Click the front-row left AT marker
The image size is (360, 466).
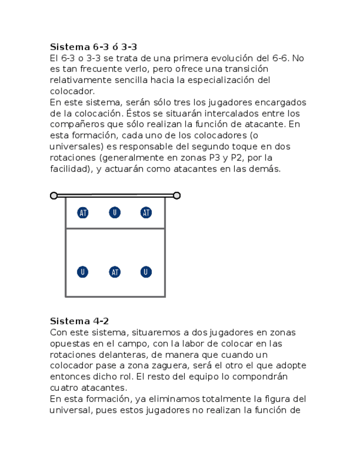pos(83,213)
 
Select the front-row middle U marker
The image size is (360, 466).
pos(114,213)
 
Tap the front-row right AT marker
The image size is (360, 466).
pos(146,213)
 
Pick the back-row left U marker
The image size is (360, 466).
pos(82,272)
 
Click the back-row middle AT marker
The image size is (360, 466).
pos(114,272)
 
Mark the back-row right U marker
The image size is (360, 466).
pos(146,272)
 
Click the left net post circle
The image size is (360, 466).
pos(54,196)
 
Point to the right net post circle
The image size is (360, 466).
pos(176,195)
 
